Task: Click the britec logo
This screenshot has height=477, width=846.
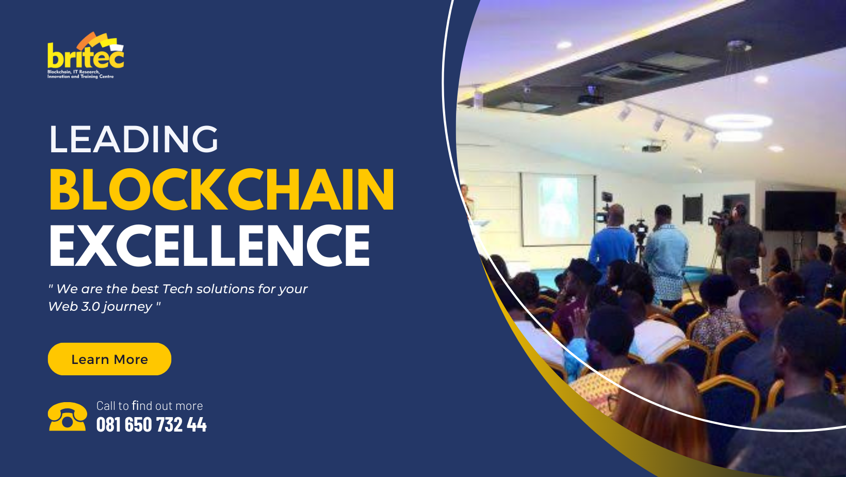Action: click(86, 56)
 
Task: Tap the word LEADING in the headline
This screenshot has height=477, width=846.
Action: click(134, 139)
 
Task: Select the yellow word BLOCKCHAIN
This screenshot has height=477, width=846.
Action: click(222, 189)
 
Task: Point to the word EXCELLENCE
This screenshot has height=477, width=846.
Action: click(209, 246)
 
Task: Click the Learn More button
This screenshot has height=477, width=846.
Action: click(109, 359)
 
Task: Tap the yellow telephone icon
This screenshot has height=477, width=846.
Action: click(67, 417)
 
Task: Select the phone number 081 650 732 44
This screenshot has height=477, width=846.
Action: click(152, 424)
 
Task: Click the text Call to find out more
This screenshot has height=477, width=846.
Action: click(150, 406)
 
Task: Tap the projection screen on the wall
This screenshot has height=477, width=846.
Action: click(558, 210)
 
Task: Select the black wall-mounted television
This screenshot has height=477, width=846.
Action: click(800, 211)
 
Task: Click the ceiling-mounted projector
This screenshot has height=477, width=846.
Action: click(590, 96)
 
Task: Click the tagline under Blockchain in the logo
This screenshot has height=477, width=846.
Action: click(80, 74)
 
